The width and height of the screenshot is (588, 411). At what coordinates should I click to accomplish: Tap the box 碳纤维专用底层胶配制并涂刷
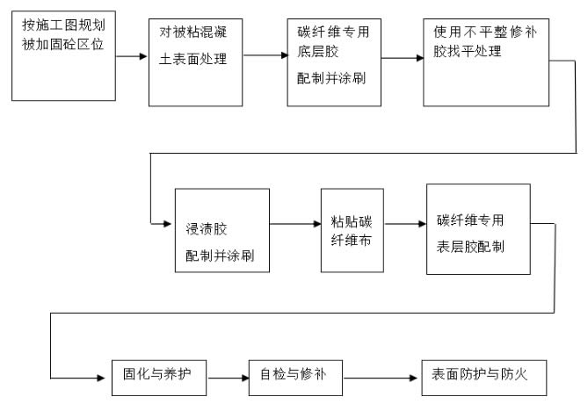click(333, 61)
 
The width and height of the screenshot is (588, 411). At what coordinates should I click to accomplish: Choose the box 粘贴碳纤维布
click(352, 227)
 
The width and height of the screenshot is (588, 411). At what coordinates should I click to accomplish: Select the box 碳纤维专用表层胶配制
click(477, 228)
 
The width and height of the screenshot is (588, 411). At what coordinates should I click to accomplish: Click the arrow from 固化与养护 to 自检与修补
click(227, 378)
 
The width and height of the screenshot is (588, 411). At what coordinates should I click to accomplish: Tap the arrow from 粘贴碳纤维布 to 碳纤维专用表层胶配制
click(405, 225)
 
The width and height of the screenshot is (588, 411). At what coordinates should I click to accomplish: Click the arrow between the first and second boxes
click(131, 56)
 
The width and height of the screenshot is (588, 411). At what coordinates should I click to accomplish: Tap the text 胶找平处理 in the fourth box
click(467, 51)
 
